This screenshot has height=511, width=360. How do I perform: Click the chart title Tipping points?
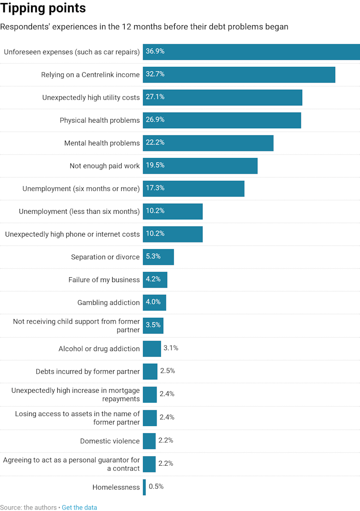click(43, 8)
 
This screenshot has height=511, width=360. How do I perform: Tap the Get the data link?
click(79, 507)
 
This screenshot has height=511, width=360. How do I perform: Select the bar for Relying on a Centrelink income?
click(239, 74)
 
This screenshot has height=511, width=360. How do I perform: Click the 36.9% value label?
click(155, 51)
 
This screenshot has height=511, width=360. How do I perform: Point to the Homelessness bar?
click(144, 487)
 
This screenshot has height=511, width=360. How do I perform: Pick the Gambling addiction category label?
click(108, 302)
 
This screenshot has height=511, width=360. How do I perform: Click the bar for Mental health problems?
click(208, 143)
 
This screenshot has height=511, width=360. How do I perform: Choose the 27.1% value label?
click(155, 97)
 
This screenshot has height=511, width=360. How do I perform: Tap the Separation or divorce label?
click(105, 257)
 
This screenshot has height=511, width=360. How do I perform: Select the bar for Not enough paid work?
click(200, 166)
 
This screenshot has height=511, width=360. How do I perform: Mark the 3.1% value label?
click(171, 348)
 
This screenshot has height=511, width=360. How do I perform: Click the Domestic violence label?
click(110, 441)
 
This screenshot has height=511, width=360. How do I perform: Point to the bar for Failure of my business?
click(155, 280)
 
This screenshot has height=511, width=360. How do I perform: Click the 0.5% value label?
click(156, 487)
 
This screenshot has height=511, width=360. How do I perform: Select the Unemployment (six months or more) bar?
click(193, 189)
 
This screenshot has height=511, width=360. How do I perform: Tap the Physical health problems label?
click(99, 120)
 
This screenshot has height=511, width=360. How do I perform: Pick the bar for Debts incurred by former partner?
click(150, 371)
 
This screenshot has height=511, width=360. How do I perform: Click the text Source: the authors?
click(28, 507)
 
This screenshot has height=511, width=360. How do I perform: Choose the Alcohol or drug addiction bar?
click(152, 349)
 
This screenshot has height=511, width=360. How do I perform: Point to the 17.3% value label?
click(155, 188)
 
